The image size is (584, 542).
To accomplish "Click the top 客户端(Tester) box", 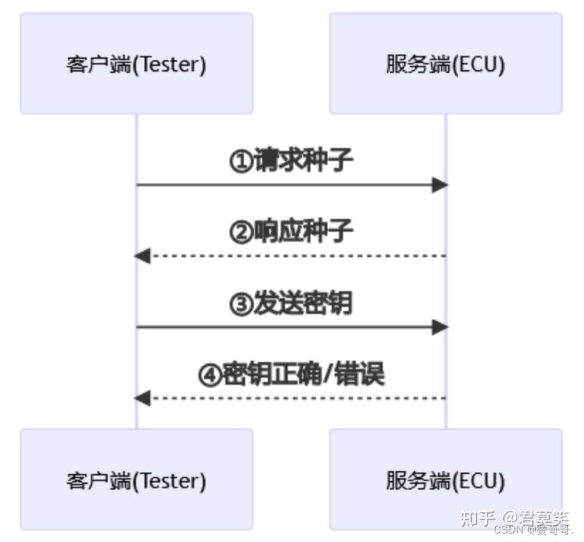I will [x=136, y=64].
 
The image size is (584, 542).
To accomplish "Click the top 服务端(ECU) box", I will [x=445, y=64].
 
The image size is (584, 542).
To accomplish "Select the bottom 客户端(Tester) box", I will [x=136, y=480].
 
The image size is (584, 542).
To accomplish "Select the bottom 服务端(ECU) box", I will [x=445, y=480].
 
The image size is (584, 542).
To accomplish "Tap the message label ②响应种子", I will [x=291, y=232].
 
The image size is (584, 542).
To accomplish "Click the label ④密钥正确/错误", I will [x=291, y=374].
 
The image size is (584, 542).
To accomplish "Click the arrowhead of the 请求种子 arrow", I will [x=440, y=185].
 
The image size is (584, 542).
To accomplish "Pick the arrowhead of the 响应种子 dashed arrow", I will [x=142, y=256].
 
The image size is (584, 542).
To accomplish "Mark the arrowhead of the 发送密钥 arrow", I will [x=440, y=327].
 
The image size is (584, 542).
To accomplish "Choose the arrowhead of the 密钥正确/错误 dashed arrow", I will [x=142, y=397].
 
